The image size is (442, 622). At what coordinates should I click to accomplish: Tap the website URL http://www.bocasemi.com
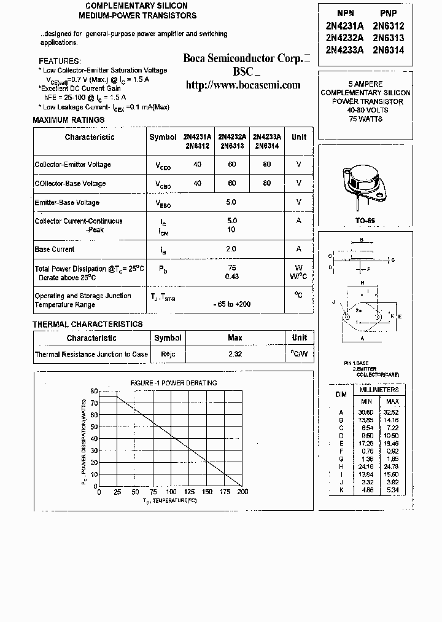coord(243,85)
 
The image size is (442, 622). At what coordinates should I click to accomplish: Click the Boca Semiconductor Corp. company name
coord(243,58)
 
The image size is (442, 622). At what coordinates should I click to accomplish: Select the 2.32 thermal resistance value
coord(235,355)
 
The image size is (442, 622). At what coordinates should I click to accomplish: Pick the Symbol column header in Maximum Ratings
coord(163,137)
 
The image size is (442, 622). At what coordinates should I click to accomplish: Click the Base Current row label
coord(55,250)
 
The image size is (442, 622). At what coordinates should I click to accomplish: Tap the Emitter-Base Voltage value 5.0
coord(231,202)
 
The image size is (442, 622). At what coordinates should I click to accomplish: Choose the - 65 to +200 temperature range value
coord(231,304)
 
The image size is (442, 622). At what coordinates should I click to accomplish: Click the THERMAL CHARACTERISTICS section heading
coord(87,324)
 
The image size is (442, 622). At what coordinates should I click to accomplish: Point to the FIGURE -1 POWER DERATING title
coord(173,383)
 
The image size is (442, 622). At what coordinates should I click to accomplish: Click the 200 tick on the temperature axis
coord(242,492)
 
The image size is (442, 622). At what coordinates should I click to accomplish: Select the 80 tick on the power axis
coord(94,391)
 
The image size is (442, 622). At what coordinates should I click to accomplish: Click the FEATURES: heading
coord(60,61)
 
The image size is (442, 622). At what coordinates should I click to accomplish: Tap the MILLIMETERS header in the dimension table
coord(379,390)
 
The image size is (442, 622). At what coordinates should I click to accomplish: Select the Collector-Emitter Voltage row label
coord(73,165)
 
